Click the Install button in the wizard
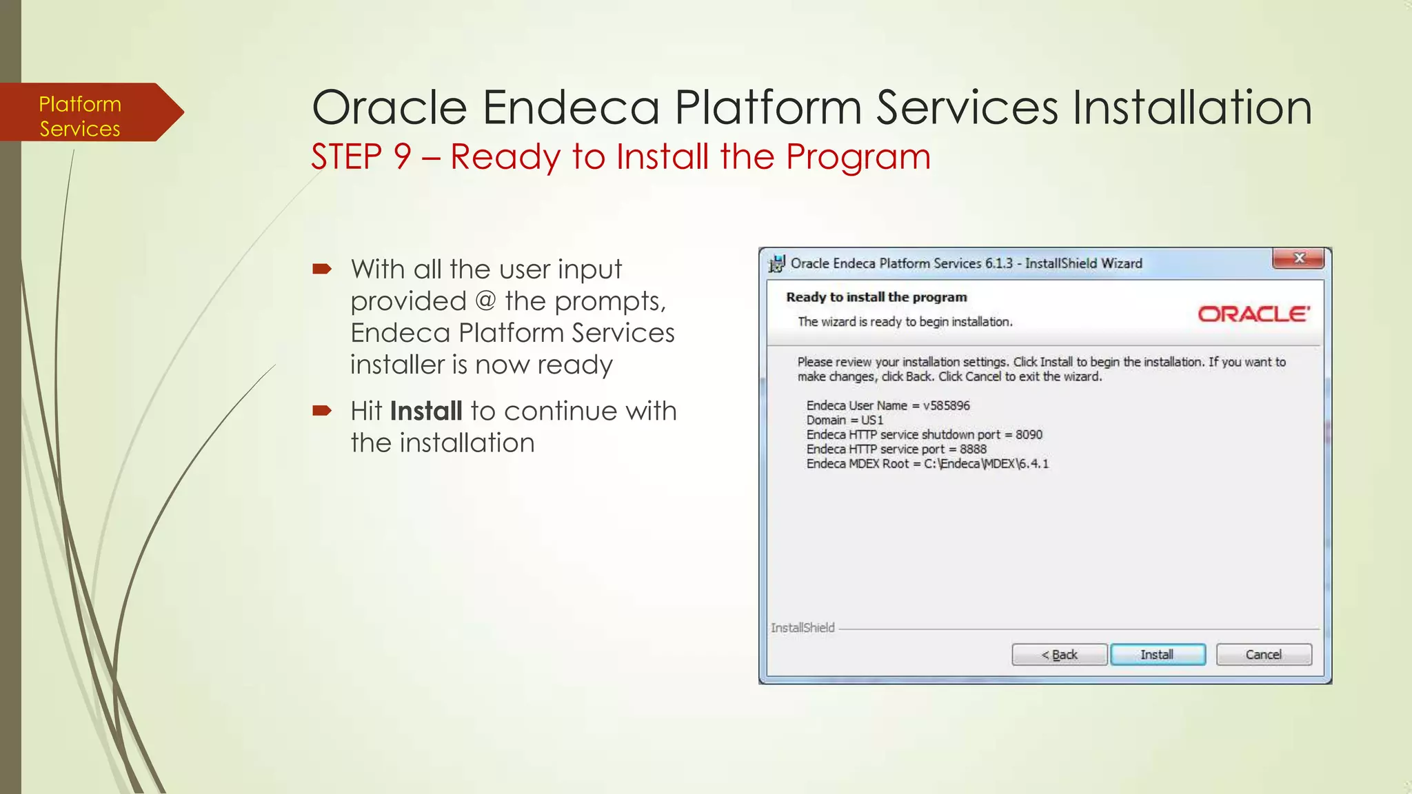tap(1158, 654)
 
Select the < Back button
tap(1059, 654)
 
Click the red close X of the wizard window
tap(1299, 258)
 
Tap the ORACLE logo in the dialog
tap(1253, 314)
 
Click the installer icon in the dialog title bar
tap(777, 263)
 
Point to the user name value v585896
tap(946, 405)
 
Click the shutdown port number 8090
tap(1029, 434)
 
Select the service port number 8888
tap(973, 449)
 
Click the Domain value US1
tap(871, 420)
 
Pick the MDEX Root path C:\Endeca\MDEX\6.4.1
tap(986, 463)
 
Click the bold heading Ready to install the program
tap(876, 297)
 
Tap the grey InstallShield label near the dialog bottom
tap(803, 627)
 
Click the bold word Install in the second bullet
tap(425, 411)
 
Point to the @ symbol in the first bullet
tap(485, 301)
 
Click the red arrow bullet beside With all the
tap(322, 269)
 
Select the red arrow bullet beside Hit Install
tap(322, 411)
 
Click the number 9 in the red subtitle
tap(403, 156)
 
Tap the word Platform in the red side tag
tap(80, 104)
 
